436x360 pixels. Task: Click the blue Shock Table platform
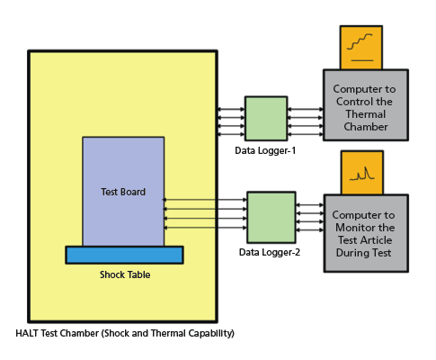coord(124,255)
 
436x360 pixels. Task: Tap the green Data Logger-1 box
coord(266,118)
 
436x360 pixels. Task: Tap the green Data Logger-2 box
coord(271,217)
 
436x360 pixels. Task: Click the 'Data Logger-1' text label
coord(265,150)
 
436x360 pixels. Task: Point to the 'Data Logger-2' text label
coord(270,253)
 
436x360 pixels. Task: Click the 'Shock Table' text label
coord(125,274)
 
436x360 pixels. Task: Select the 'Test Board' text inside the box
coord(123,192)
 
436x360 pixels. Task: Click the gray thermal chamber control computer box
coord(365,105)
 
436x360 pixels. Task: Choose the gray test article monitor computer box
coord(365,232)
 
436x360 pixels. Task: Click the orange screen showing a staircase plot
coord(360,48)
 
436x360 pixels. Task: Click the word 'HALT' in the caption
coord(28,333)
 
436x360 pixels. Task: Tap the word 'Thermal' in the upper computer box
coord(365,114)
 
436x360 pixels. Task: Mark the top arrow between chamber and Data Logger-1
coord(230,110)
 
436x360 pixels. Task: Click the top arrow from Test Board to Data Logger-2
coord(205,200)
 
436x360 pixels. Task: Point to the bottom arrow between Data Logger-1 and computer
coord(305,134)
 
